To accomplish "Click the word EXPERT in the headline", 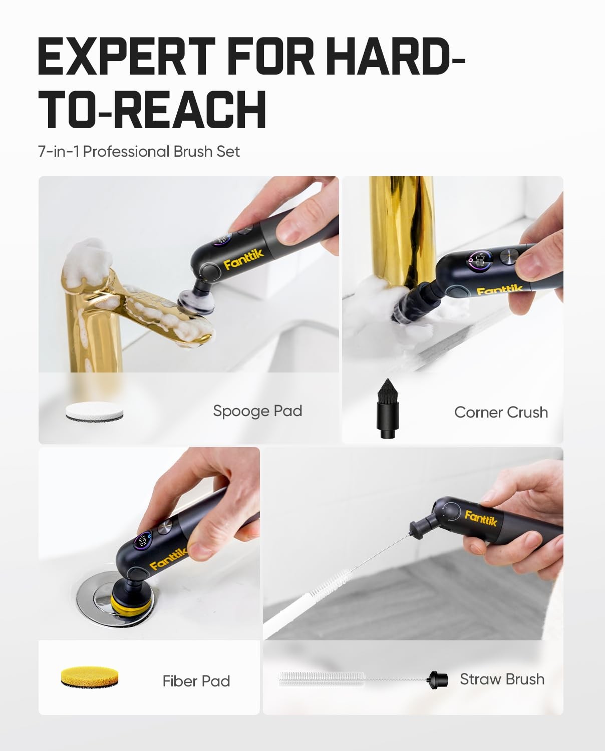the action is [x=127, y=56].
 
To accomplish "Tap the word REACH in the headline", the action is [x=190, y=110].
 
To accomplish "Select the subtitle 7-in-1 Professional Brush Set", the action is [x=139, y=152].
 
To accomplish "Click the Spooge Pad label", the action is [x=257, y=411].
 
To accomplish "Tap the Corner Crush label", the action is [x=501, y=412].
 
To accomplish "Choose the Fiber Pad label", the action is [x=196, y=681].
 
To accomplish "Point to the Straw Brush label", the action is [x=502, y=679].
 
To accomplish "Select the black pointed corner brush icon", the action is [x=387, y=409].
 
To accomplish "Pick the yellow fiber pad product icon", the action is [x=90, y=677].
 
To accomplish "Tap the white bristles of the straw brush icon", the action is [x=321, y=679].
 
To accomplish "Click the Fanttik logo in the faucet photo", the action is [x=243, y=259].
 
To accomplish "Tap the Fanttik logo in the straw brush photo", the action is [x=481, y=518].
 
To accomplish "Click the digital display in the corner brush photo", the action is [x=481, y=261].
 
